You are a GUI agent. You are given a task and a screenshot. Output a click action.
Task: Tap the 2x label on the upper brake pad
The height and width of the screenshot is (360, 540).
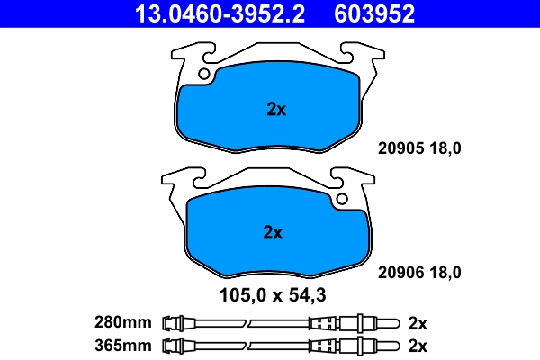[x=276, y=111]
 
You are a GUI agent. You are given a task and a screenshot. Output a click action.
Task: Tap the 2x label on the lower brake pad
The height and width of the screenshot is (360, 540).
[x=273, y=232]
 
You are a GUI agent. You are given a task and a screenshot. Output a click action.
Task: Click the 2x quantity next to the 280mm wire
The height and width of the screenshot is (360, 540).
[x=417, y=321]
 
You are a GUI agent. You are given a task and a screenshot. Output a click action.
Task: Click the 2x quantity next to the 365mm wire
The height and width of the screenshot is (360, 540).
[x=417, y=345]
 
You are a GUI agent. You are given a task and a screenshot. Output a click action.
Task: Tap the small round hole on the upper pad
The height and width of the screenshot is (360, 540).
[x=206, y=74]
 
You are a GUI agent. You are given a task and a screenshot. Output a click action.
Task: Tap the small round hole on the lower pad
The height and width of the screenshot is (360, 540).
[x=342, y=200]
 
